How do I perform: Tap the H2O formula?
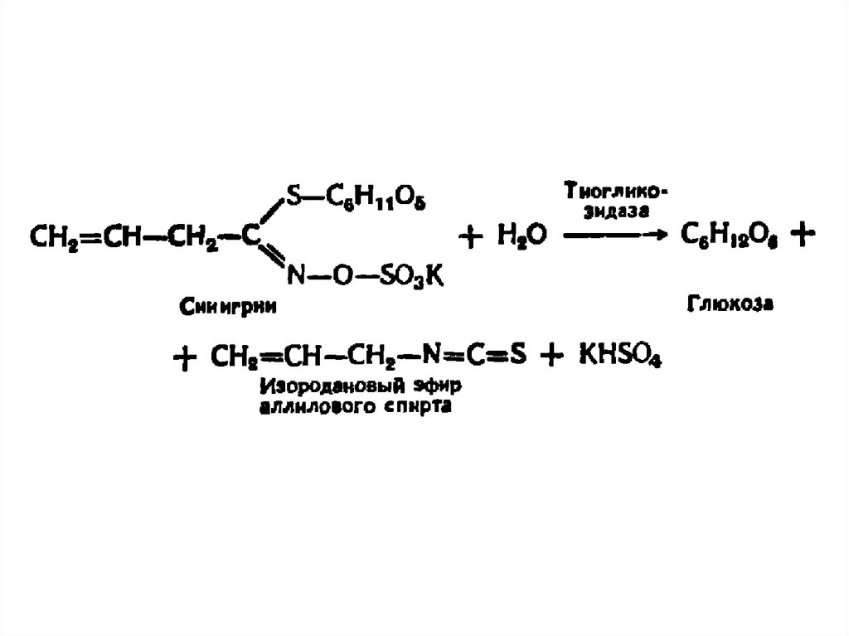point(522,237)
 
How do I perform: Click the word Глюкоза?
point(730,303)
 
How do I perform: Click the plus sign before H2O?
point(469,237)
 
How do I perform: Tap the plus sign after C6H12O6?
point(800,236)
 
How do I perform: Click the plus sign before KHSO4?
point(548,357)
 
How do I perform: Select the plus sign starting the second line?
point(186,358)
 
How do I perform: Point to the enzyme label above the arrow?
point(615,201)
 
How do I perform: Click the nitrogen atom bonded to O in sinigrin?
point(294,278)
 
